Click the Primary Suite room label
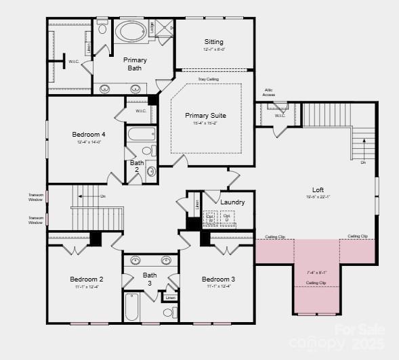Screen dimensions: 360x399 coord(205,116)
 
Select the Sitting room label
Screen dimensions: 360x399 coord(213,42)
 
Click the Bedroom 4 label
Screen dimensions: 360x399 coord(89,134)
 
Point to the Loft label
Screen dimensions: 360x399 coord(318,189)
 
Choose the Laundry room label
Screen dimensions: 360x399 coord(232,202)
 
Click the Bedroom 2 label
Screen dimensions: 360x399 coord(86,279)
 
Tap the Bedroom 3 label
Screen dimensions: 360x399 coord(218,279)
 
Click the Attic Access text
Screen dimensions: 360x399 coord(269,93)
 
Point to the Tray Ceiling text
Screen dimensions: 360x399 coord(208,79)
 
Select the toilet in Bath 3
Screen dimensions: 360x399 coord(168,313)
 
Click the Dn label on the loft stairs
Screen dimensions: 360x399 coord(363,162)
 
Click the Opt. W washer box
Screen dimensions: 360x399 coord(210,219)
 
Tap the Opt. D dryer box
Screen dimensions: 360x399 coord(227,219)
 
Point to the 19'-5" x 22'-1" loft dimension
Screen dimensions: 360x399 coord(317,198)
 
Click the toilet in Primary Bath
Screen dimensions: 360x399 coord(102,29)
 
